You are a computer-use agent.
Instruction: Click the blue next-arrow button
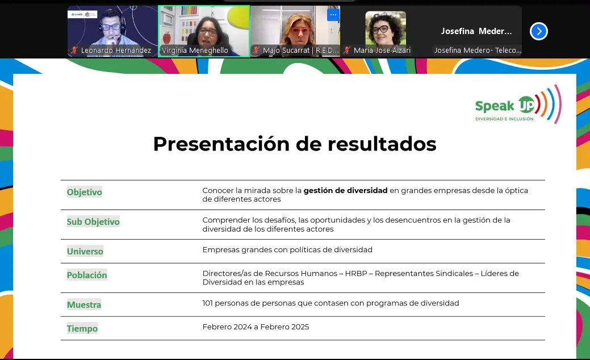point(538,31)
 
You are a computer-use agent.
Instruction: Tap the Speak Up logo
point(518,104)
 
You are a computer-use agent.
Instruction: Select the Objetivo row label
point(84,192)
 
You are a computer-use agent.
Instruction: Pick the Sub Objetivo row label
point(93,222)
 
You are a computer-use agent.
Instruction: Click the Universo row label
point(85,252)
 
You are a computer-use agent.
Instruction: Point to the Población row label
point(87,275)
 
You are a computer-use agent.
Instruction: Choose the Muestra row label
point(84,305)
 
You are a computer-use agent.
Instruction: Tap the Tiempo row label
point(82,328)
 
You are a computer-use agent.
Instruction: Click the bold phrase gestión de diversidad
point(345,190)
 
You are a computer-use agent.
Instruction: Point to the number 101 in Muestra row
point(207,303)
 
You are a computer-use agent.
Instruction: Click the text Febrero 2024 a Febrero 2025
point(256,327)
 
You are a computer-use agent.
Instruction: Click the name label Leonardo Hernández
point(116,51)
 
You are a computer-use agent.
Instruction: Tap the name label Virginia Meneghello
point(195,51)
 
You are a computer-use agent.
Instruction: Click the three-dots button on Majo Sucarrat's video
point(333,15)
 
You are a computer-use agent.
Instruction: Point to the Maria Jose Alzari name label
point(382,51)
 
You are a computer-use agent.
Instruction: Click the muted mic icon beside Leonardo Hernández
point(74,51)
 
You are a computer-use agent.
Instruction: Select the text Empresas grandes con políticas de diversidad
point(287,250)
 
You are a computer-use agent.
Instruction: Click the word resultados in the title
point(382,144)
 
